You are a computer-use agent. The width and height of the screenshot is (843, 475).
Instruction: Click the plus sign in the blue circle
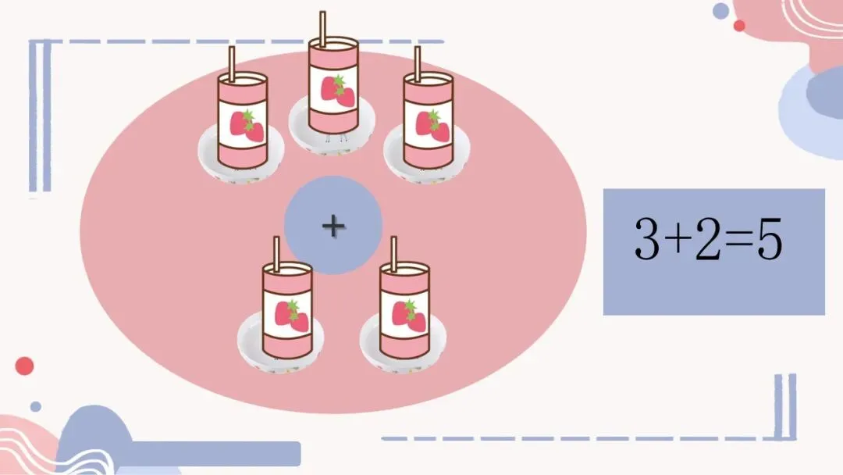tap(333, 226)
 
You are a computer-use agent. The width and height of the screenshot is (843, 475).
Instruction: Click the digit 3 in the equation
tap(646, 239)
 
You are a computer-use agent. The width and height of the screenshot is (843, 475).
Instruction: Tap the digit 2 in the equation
tap(706, 239)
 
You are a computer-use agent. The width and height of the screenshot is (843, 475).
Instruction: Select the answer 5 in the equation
tap(770, 239)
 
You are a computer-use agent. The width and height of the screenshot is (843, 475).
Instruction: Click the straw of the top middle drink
tap(322, 29)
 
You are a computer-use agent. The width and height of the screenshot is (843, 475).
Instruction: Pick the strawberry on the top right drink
tap(432, 126)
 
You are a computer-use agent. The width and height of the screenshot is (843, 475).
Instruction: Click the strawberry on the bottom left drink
tap(292, 316)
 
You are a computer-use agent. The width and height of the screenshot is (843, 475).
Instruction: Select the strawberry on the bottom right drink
tap(409, 316)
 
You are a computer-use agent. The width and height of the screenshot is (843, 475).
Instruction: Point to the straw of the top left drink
tap(232, 64)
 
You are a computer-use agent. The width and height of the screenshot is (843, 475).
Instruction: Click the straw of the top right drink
tap(417, 64)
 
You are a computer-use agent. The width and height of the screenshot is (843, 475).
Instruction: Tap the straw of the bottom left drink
tap(276, 255)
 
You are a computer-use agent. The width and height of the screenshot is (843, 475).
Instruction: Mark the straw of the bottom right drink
tap(393, 255)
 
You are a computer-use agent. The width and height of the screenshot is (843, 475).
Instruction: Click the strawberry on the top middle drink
tap(338, 91)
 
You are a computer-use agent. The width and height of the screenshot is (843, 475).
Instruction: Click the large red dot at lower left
tap(24, 366)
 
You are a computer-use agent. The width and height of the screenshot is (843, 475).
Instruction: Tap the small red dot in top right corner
tap(739, 25)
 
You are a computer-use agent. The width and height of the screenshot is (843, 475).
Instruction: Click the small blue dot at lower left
tap(35, 407)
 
